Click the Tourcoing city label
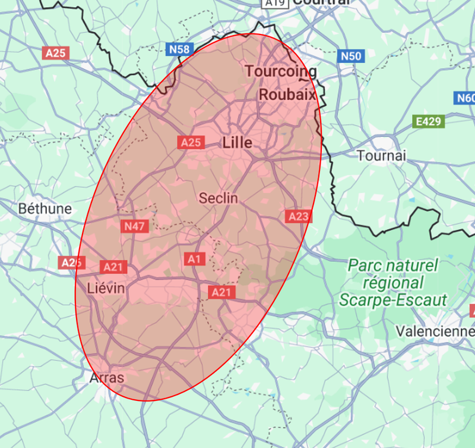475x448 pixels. (x=281, y=71)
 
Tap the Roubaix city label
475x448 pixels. (x=287, y=94)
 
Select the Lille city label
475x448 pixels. (x=237, y=143)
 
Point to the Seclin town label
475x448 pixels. (x=218, y=198)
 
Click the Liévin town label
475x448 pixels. (x=106, y=289)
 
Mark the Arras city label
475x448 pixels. (x=107, y=378)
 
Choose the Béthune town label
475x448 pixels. (x=45, y=209)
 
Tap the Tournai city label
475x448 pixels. (x=381, y=156)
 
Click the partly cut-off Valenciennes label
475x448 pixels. (x=435, y=331)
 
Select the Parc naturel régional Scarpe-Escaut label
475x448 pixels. (x=392, y=282)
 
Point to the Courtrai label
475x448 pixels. (x=321, y=2)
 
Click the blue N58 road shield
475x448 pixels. (x=179, y=49)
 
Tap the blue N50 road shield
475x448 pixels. (x=350, y=56)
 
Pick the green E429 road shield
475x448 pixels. (x=429, y=122)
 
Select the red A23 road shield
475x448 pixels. (x=298, y=216)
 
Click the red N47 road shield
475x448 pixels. (x=135, y=226)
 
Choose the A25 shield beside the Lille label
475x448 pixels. (x=191, y=142)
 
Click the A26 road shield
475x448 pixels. (x=71, y=262)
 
